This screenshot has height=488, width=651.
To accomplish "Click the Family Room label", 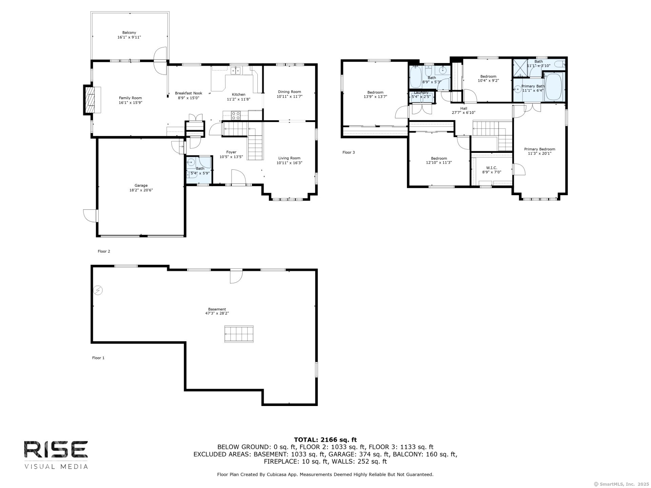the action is [x=130, y=98].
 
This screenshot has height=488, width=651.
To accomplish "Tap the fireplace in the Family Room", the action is [x=92, y=100].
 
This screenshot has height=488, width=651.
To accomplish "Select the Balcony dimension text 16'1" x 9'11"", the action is [x=129, y=37].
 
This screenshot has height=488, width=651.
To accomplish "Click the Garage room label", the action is [x=141, y=185].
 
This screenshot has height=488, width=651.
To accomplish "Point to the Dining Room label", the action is [x=289, y=92].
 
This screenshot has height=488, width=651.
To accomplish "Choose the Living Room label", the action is [x=289, y=158].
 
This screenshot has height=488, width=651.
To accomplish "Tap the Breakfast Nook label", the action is [x=189, y=93].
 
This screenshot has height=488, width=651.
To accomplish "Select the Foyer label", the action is [x=231, y=152].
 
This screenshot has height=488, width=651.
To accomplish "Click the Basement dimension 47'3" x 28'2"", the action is [x=217, y=313].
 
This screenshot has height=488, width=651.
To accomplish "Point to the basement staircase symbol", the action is [x=239, y=334].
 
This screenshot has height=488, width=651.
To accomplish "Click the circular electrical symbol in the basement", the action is [x=98, y=290].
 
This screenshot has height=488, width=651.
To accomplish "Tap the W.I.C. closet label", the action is [x=492, y=168].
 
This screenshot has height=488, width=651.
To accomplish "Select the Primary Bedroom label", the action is [x=539, y=149].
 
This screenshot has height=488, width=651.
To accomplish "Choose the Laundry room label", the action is [x=421, y=93].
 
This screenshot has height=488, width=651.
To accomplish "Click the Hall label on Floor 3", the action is [x=463, y=108].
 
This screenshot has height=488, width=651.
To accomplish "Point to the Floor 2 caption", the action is [x=104, y=251].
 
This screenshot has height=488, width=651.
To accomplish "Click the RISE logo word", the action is [x=56, y=450].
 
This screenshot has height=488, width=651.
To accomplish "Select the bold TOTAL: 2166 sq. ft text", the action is [x=325, y=440].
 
